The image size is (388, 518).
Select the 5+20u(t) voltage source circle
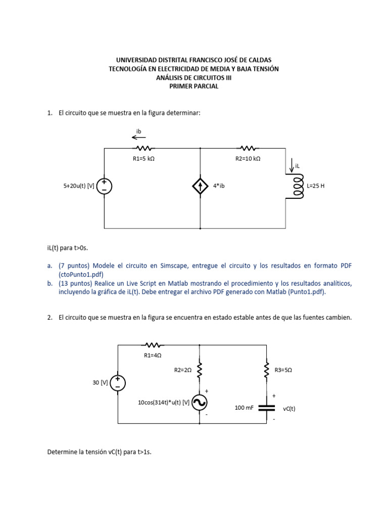105,187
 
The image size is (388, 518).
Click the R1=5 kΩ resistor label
143,159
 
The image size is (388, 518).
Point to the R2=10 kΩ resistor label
248,159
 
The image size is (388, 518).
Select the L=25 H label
316,186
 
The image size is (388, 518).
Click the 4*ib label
219,186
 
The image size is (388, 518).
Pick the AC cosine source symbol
200,402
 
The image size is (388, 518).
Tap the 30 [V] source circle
118,383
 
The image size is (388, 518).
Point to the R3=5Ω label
283,370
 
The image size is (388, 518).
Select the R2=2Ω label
183,370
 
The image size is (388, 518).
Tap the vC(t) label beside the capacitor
289,408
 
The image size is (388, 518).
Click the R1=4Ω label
153,355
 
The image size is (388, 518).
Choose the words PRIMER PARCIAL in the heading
194,86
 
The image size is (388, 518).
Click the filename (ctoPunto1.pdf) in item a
81,274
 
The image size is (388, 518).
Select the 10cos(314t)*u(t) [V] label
164,403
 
